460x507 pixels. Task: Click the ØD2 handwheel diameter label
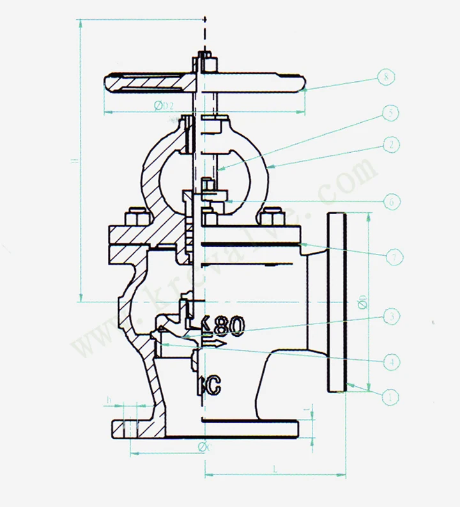tap(165, 105)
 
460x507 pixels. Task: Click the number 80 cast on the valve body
tap(228, 327)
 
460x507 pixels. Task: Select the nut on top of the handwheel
tap(205, 62)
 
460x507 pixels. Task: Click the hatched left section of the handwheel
tap(147, 82)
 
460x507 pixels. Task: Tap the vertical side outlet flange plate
tap(337, 300)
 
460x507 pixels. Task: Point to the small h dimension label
tap(109, 402)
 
